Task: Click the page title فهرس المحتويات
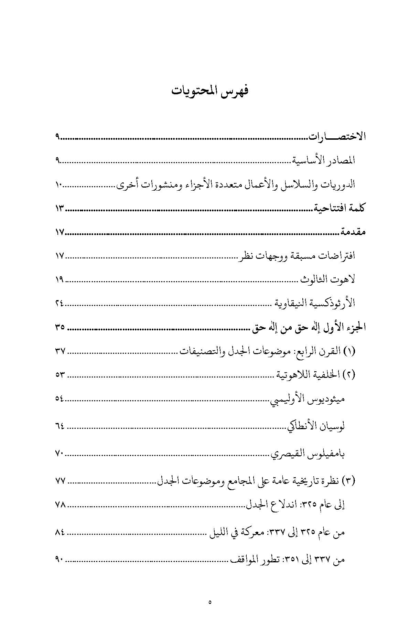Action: pos(210,92)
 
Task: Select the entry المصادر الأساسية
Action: pos(324,160)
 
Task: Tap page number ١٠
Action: pos(59,185)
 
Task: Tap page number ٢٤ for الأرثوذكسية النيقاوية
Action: pos(59,303)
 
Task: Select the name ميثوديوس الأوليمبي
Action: pos(307,399)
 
